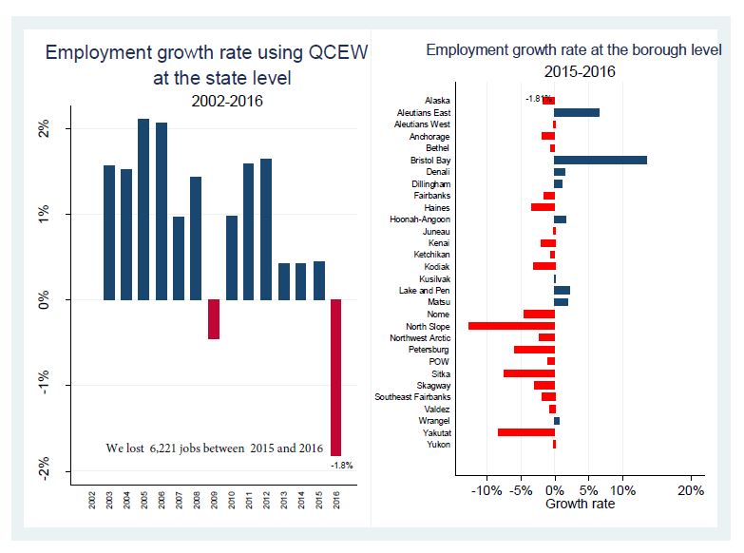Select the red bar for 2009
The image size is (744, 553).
(x=214, y=319)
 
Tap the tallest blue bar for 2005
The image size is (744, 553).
(x=143, y=209)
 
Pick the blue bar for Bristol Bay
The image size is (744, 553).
(x=600, y=161)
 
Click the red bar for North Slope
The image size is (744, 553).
(x=511, y=326)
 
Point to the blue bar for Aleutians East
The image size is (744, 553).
(x=577, y=112)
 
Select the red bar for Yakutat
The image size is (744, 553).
(x=525, y=432)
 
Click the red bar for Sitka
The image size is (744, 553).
(x=528, y=373)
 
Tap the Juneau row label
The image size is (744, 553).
(x=436, y=232)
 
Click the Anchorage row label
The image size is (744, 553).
(x=429, y=137)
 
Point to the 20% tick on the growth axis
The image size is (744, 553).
(x=691, y=491)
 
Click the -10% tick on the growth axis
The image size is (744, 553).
(x=486, y=491)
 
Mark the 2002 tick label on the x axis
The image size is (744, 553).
(x=92, y=499)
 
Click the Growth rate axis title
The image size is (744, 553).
(x=580, y=504)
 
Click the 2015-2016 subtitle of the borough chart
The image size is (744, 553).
(x=580, y=71)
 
